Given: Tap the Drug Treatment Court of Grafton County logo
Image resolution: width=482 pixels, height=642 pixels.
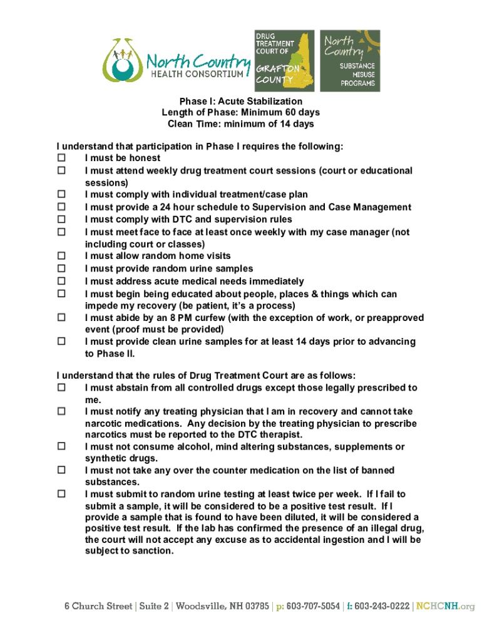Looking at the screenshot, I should pos(284,60).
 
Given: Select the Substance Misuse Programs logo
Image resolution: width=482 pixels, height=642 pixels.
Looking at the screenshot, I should pos(350,60).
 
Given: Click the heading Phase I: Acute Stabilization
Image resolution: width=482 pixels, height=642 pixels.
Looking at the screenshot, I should pos(241,101).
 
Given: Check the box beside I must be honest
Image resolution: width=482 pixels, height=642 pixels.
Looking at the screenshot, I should pos(61,159).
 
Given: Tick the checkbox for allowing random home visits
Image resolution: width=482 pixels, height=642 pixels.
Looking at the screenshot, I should pos(61,256).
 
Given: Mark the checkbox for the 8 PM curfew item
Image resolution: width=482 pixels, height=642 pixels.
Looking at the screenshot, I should pos(61,318).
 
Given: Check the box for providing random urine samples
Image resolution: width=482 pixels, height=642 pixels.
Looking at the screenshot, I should pos(61,269).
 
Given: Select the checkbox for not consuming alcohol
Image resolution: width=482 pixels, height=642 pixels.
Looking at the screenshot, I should pos(61,447).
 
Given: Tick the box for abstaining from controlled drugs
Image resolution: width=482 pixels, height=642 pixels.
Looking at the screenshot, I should pos(61,388).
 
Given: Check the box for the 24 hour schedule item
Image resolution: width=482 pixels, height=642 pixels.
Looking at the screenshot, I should pos(61,208).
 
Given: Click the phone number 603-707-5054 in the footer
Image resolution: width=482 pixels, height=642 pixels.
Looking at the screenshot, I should pos(311,606).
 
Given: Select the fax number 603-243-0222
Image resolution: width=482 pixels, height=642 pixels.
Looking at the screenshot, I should pos(382,606).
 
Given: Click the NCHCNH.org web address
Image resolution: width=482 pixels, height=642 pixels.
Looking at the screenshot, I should pos(446,606).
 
